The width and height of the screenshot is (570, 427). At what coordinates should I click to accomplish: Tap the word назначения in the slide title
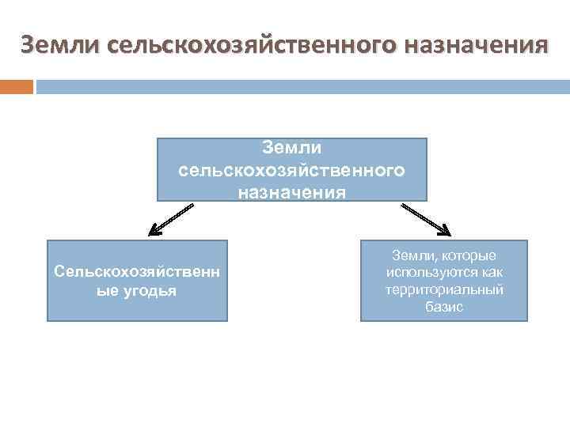pyautogui.click(x=474, y=44)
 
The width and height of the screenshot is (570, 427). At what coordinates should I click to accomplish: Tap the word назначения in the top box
pyautogui.click(x=291, y=191)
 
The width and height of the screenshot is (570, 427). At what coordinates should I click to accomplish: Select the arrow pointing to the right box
pyautogui.click(x=424, y=219)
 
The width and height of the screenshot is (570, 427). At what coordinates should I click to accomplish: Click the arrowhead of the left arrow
pyautogui.click(x=155, y=232)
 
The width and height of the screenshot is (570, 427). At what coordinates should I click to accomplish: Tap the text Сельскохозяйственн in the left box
pyautogui.click(x=137, y=271)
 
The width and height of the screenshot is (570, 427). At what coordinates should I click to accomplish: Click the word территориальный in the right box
pyautogui.click(x=444, y=289)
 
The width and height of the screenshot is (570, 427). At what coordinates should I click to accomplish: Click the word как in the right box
pyautogui.click(x=492, y=273)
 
